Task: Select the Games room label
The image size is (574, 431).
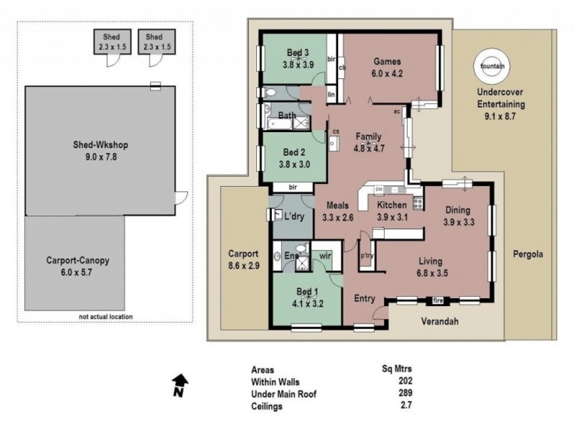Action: pos(387,62)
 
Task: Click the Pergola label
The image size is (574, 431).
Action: pos(527,254)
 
